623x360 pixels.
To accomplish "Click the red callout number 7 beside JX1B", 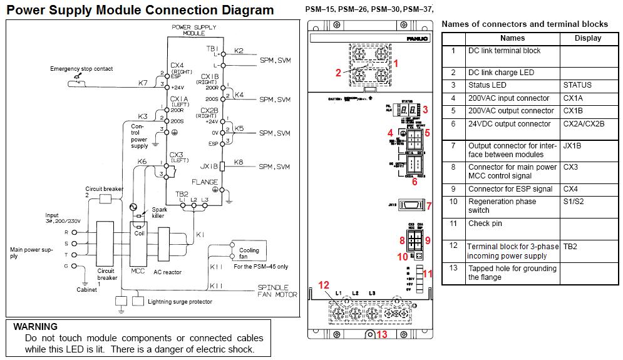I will [x=429, y=206].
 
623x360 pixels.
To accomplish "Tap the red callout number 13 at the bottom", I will [x=382, y=334].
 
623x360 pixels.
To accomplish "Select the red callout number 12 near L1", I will [x=324, y=285].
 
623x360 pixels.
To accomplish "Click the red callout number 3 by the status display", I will [x=425, y=110].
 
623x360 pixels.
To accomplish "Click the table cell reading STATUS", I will [x=577, y=85].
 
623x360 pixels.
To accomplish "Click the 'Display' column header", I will [x=587, y=38].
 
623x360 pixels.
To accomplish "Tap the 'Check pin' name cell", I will [x=485, y=224].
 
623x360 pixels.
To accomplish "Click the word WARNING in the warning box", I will [x=35, y=327].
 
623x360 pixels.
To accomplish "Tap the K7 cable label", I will [x=143, y=83].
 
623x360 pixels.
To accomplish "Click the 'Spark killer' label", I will [x=153, y=213].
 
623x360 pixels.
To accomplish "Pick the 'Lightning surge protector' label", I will [x=180, y=301].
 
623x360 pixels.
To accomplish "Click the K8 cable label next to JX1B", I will [x=239, y=163].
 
